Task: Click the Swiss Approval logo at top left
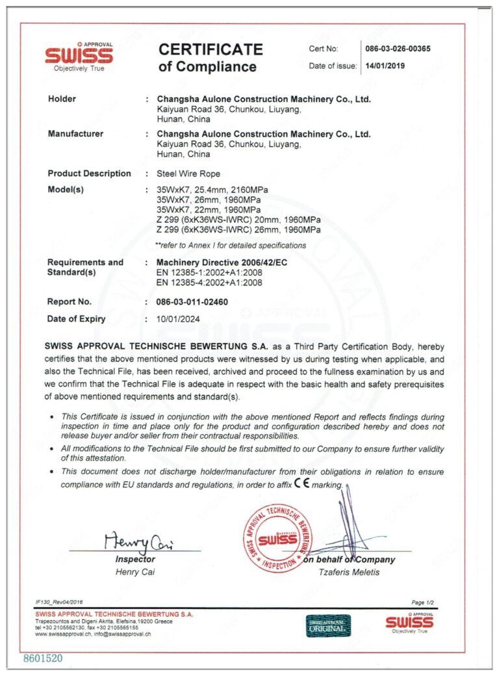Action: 79,57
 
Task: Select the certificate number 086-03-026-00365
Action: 398,49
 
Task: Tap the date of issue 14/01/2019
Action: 385,66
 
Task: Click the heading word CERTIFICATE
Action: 211,49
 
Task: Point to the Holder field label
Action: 62,99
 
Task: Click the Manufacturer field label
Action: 75,134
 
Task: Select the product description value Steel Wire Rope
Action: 188,174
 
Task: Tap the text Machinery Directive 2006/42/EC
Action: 221,262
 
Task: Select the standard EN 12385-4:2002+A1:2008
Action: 209,283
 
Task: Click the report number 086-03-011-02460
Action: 192,302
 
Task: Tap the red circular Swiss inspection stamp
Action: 277,539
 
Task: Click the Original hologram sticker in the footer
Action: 328,625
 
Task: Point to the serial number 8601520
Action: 43,658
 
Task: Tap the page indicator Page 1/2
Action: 423,603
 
